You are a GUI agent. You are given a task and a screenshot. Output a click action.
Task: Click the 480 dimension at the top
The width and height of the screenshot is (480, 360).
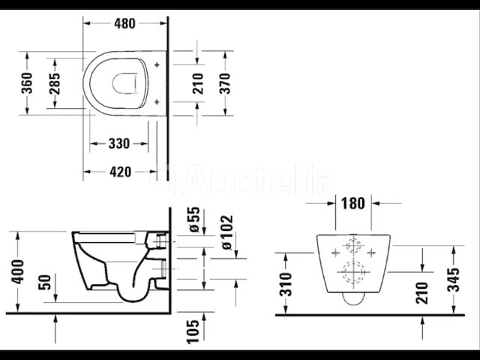[124, 23]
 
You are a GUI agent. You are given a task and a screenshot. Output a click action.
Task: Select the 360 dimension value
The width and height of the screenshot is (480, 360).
[27, 83]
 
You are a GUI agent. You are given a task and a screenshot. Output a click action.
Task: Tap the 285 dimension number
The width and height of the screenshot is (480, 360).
[55, 83]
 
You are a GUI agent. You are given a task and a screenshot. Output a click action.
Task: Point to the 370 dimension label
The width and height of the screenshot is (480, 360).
[225, 83]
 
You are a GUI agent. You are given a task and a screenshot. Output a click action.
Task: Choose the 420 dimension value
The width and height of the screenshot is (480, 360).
[121, 172]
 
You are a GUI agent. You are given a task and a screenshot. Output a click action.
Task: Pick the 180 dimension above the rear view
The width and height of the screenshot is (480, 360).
[352, 202]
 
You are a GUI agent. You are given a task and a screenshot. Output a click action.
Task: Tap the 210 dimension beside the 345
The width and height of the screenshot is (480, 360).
[421, 292]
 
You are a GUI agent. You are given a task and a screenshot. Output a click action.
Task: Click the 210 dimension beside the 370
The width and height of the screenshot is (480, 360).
[197, 83]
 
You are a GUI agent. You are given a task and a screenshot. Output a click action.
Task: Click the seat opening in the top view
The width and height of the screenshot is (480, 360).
[125, 84]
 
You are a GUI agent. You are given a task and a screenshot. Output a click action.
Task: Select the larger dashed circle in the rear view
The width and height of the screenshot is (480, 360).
[350, 273]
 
